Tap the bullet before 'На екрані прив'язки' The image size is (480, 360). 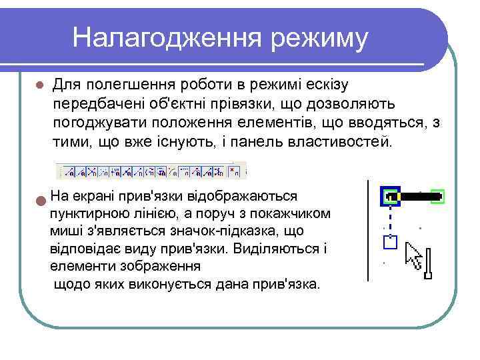[x=41, y=199]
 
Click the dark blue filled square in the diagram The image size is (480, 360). [x=391, y=197]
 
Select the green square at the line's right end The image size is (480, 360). [x=437, y=197]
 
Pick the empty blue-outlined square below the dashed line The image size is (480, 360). [x=391, y=241]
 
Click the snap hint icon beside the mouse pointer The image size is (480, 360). [x=429, y=262]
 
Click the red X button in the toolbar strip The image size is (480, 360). [x=233, y=171]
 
